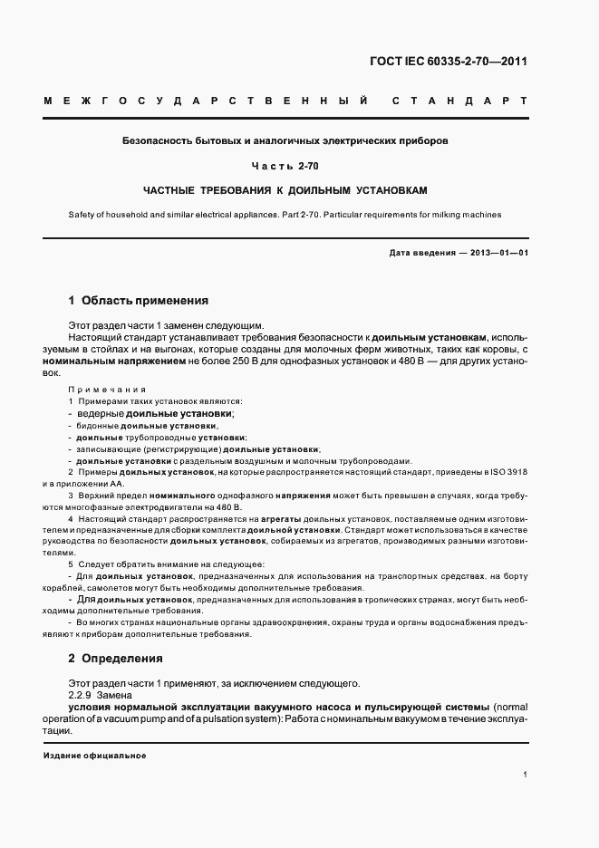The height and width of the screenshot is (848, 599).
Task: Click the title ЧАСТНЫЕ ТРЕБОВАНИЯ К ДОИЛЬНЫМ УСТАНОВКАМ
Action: [285, 191]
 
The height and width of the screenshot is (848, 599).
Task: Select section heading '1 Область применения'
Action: [139, 300]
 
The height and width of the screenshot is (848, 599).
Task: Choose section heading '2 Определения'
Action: [116, 659]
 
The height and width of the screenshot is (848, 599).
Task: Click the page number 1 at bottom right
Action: [526, 775]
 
